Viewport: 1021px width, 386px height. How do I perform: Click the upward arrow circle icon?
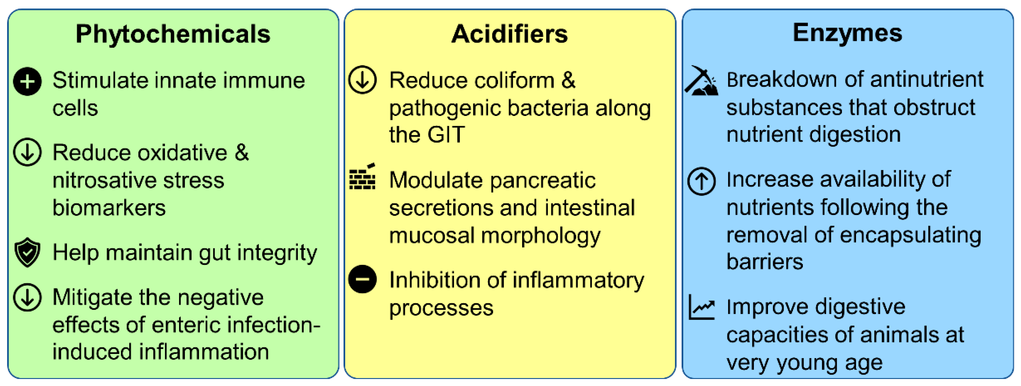[701, 182]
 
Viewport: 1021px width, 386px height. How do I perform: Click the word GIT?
[446, 135]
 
